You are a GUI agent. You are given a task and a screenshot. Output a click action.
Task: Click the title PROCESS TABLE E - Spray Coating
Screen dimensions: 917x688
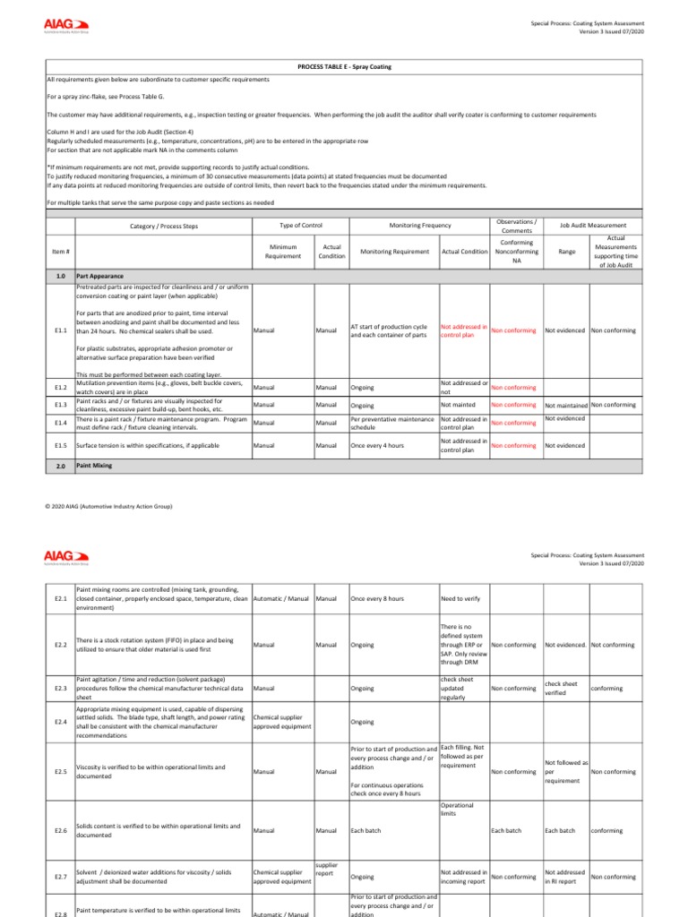[x=344, y=67]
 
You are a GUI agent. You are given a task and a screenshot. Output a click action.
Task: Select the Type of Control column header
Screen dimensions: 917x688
[x=301, y=226]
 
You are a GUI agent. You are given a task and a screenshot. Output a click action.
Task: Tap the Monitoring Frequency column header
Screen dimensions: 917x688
[x=419, y=226]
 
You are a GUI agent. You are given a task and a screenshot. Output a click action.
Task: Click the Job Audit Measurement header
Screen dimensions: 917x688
[x=593, y=226]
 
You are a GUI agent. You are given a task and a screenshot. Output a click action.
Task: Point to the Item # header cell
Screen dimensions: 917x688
[x=61, y=252]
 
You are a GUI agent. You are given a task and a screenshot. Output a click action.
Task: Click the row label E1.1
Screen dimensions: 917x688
[x=61, y=330]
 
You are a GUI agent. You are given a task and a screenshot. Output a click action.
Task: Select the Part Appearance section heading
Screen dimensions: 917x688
[x=99, y=277]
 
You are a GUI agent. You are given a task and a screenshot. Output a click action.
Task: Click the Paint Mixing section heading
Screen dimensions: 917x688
[x=95, y=466]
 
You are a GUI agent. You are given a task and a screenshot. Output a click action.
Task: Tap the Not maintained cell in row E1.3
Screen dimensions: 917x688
[x=566, y=406]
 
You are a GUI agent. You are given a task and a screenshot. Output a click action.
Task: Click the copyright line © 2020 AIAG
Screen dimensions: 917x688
[x=107, y=507]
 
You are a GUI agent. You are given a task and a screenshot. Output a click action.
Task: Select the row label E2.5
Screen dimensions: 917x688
[x=61, y=771]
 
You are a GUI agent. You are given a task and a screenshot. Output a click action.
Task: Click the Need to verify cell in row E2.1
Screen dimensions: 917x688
[x=460, y=598]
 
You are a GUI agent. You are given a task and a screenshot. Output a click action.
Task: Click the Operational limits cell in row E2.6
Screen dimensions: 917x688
[x=458, y=810]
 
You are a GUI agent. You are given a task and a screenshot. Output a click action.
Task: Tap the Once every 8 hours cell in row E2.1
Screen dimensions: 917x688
[x=377, y=598]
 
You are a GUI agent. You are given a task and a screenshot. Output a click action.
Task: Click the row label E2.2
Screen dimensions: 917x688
[x=61, y=645]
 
